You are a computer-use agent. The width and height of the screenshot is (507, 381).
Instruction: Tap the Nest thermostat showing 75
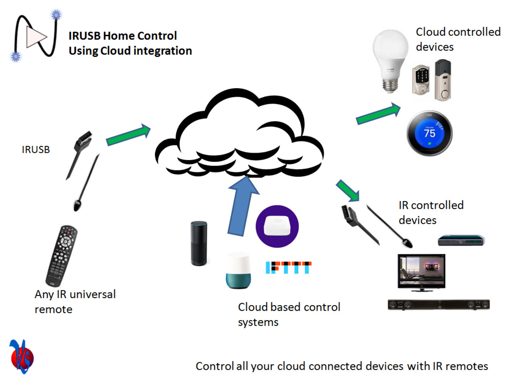429,133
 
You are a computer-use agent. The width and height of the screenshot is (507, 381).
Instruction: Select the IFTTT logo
288,267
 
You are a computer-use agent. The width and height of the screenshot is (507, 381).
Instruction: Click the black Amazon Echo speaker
199,243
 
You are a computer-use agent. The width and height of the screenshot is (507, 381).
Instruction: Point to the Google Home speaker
238,271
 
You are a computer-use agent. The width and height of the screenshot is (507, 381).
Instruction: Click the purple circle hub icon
277,226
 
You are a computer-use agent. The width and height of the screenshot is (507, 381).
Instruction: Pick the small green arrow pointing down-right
347,190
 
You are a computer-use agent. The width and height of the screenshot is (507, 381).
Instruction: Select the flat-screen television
421,272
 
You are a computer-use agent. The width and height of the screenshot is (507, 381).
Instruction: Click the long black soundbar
439,304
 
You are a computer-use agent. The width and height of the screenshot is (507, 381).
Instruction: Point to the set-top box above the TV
461,241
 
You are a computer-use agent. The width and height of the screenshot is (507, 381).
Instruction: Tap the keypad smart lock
421,79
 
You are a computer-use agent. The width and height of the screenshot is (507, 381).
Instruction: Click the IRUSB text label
36,150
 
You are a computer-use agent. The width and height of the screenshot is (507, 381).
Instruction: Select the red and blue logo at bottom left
21,356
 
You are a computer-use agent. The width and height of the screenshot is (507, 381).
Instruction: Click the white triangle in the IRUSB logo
36,37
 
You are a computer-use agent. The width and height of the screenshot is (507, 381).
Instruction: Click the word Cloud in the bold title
115,51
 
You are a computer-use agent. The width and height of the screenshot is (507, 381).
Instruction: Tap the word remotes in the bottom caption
466,366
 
